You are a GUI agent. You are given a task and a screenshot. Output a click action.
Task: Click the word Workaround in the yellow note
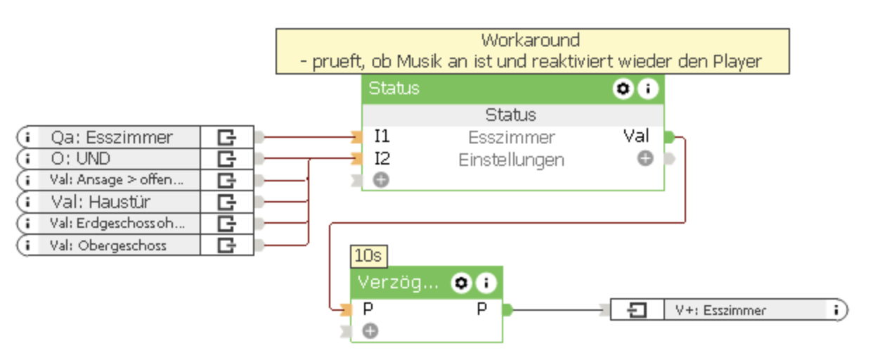(531, 40)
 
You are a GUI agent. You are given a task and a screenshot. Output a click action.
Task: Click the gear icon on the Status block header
(623, 89)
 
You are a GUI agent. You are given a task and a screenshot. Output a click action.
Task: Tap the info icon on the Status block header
(648, 89)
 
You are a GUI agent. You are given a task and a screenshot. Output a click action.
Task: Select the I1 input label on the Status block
(382, 136)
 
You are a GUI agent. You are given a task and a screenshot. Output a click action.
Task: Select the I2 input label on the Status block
(382, 159)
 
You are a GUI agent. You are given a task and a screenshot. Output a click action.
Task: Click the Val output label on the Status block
(636, 136)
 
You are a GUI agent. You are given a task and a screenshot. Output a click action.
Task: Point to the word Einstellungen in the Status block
(511, 160)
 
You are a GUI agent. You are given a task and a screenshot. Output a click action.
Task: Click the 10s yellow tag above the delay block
(368, 256)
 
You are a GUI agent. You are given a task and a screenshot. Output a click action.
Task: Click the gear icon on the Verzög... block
(461, 283)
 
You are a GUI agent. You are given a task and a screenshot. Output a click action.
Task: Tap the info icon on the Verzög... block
(486, 283)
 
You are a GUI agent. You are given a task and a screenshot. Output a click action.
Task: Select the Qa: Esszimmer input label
(112, 137)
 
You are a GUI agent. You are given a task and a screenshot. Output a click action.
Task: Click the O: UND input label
(80, 159)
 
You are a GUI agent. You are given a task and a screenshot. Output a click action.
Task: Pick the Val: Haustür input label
(101, 202)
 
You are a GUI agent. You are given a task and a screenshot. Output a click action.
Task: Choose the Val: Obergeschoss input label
(108, 245)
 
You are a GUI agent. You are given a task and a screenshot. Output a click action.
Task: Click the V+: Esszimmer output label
(720, 310)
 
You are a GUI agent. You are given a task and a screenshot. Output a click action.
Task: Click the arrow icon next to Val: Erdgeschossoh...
(226, 224)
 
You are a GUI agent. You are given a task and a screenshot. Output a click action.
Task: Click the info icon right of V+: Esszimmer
(836, 310)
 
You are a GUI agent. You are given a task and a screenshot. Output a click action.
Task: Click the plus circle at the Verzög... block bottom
(370, 330)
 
